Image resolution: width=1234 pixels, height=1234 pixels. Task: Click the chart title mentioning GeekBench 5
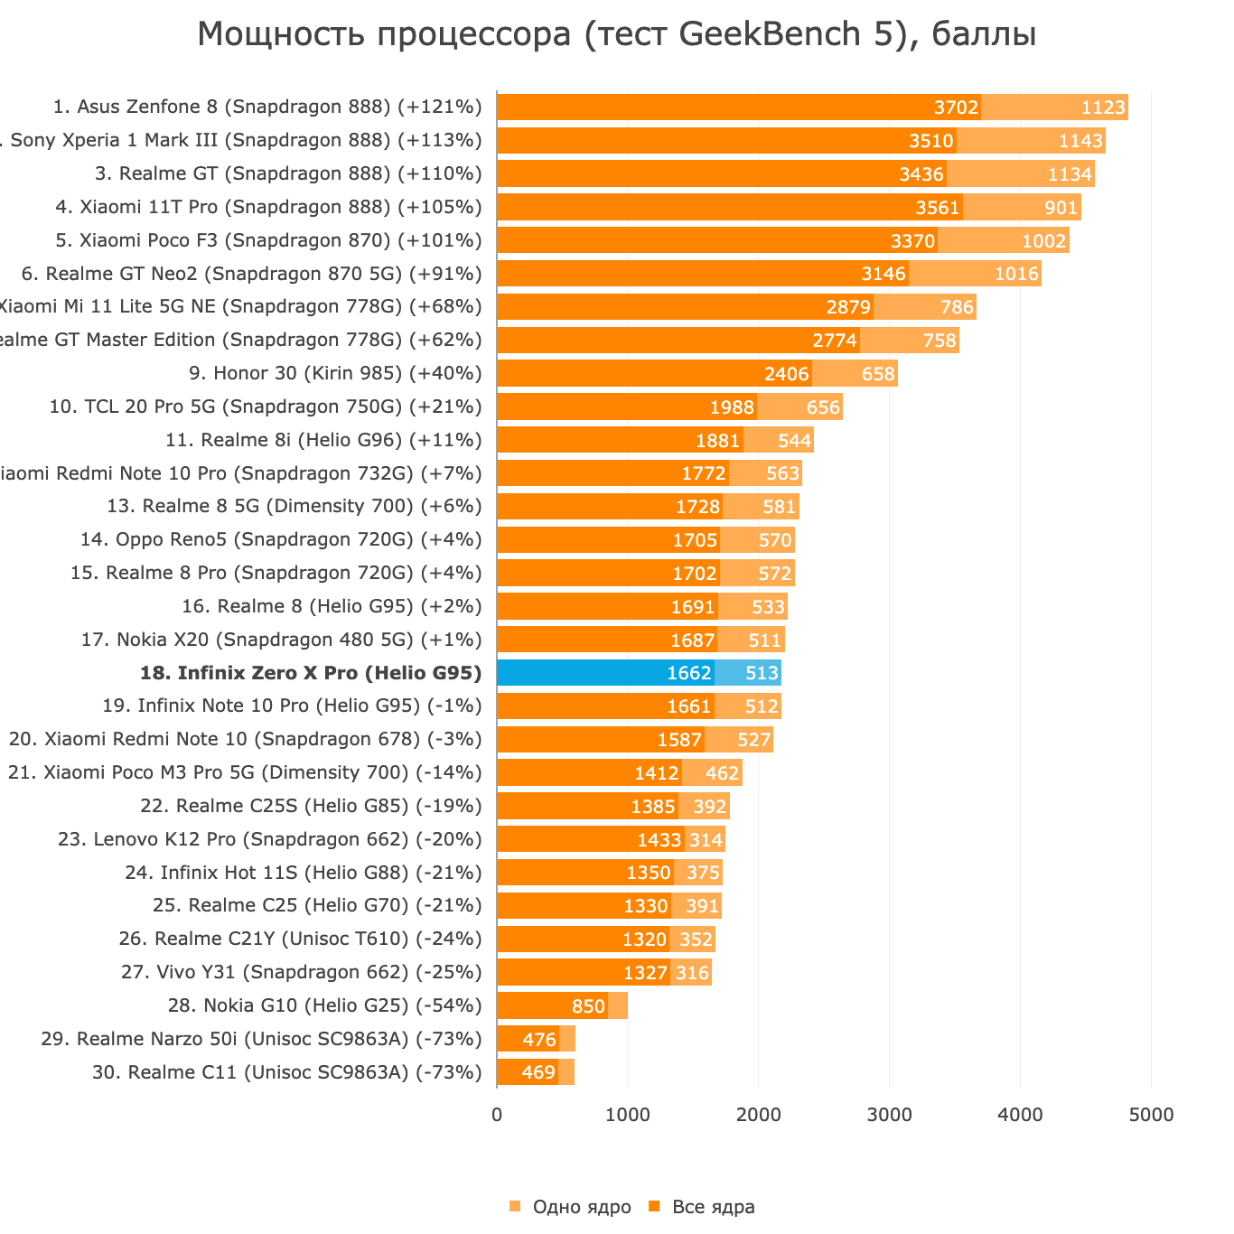click(616, 35)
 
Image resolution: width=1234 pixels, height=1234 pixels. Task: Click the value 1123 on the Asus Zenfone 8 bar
click(1103, 108)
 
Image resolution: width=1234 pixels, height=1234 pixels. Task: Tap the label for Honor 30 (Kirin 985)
click(335, 374)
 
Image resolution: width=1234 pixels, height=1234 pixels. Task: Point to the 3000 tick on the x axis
click(889, 1116)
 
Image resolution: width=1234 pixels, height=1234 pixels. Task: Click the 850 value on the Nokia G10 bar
click(588, 1006)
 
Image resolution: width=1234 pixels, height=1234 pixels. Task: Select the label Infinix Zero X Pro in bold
click(311, 673)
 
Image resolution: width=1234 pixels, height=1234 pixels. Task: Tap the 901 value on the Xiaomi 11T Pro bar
click(1061, 208)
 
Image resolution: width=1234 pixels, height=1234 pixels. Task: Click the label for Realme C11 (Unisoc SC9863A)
click(286, 1072)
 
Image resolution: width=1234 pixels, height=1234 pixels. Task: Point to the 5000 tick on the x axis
click(1151, 1116)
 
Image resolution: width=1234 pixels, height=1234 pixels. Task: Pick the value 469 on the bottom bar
click(538, 1073)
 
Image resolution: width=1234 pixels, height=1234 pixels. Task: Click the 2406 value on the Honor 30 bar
click(786, 374)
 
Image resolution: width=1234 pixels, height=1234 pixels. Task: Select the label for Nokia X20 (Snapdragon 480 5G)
click(281, 640)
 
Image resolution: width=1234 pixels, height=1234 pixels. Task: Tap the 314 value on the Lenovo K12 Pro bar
click(705, 840)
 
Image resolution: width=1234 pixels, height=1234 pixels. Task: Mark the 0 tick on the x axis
click(497, 1116)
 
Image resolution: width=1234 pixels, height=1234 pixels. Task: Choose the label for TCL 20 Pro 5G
click(266, 407)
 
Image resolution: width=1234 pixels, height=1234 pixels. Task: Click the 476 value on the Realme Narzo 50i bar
click(539, 1040)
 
